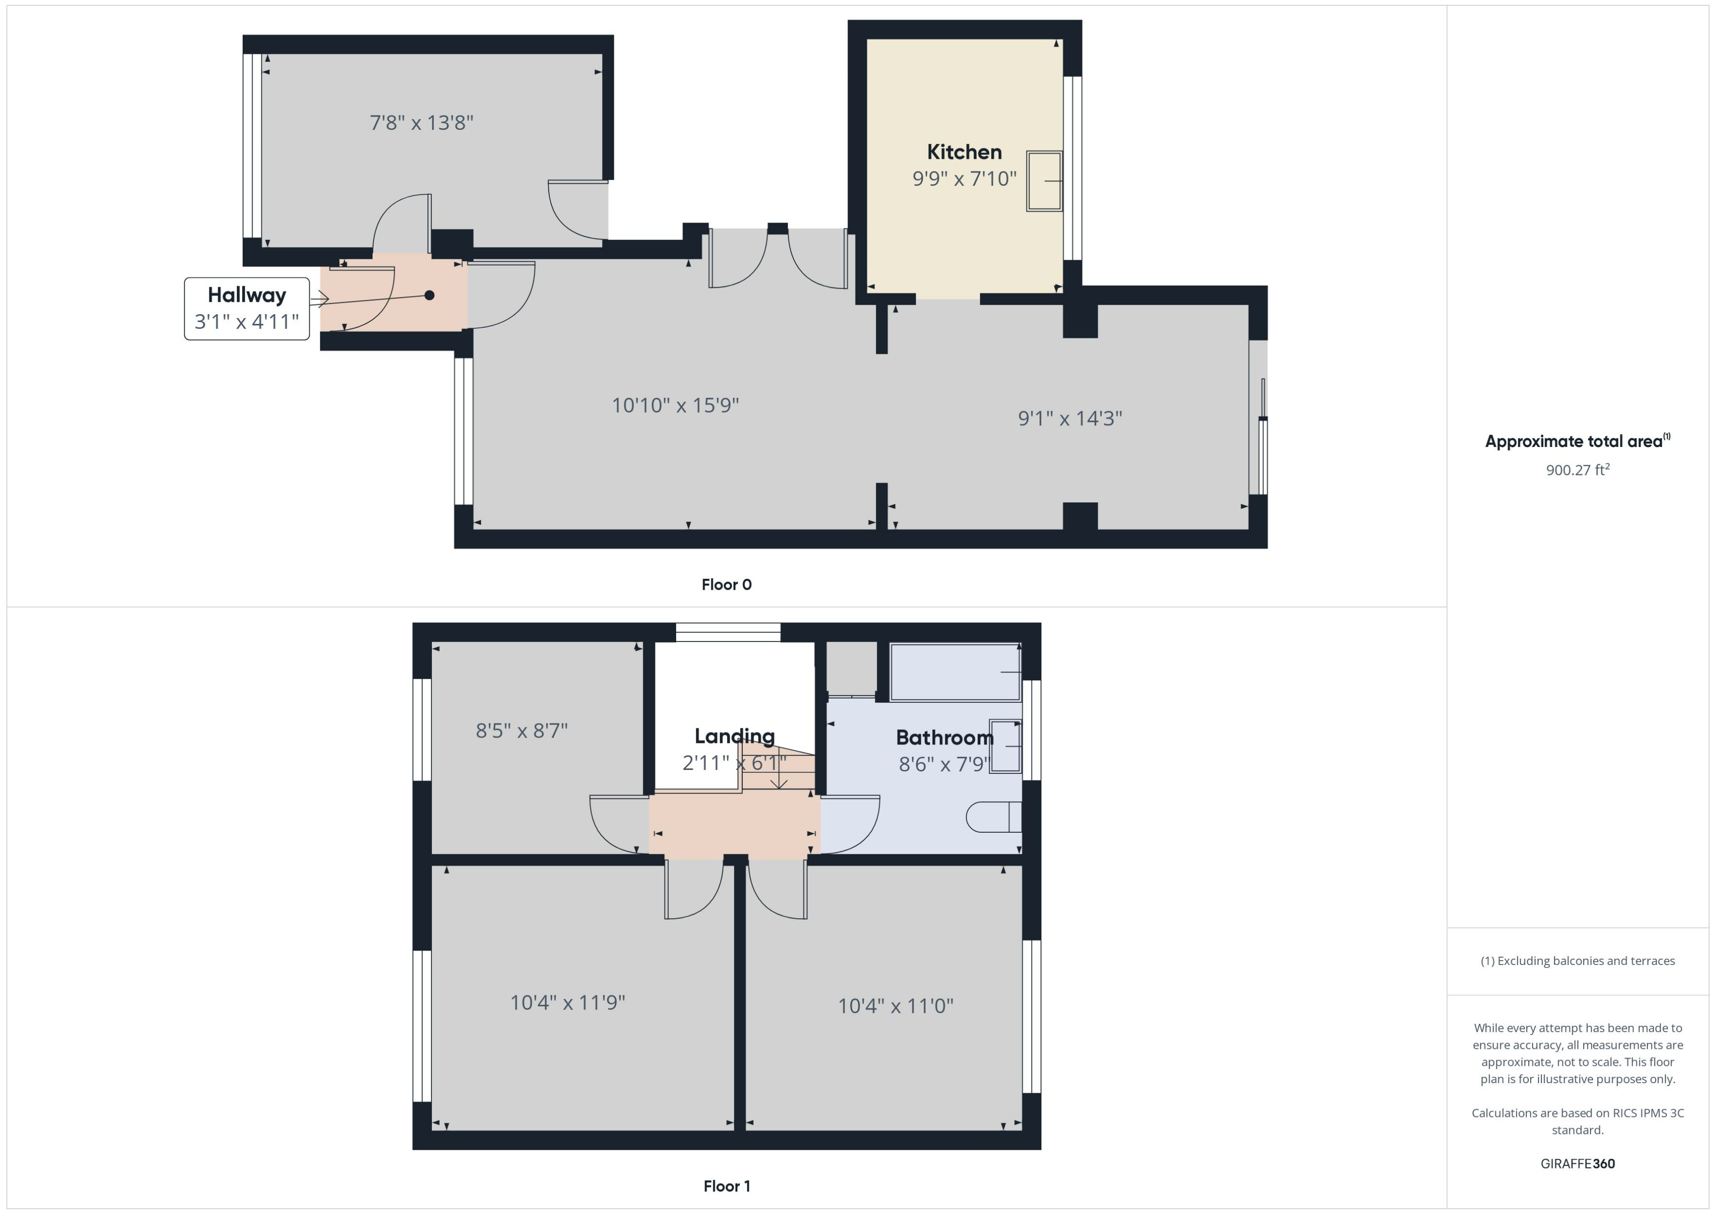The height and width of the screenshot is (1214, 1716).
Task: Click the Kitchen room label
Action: pos(964,152)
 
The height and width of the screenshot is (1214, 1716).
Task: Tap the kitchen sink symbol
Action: pos(1044,181)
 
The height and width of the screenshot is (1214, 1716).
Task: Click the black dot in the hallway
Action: pos(429,295)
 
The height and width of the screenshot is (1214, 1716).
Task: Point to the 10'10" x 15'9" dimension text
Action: pos(675,405)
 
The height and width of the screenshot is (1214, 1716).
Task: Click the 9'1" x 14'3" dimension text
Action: pos(1070,418)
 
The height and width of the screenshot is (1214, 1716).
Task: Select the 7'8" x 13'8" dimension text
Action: pos(422,123)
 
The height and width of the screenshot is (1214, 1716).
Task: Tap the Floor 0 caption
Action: pos(726,585)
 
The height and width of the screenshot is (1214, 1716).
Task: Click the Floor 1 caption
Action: pos(727,1186)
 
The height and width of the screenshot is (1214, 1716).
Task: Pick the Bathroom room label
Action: pos(944,738)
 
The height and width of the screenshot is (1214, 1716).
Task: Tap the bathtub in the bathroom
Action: pos(955,672)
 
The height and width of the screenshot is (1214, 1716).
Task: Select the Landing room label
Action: pos(734,736)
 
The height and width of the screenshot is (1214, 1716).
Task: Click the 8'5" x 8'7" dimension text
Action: pos(522,730)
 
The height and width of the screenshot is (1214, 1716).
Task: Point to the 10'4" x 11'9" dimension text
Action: pos(568,1002)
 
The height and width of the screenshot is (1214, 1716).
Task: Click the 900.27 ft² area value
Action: pos(1577,470)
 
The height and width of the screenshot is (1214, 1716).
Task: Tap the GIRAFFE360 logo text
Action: pos(1577,1164)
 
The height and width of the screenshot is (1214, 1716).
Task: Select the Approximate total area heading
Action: pos(1576,441)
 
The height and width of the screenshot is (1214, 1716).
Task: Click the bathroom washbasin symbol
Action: pos(1005,746)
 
